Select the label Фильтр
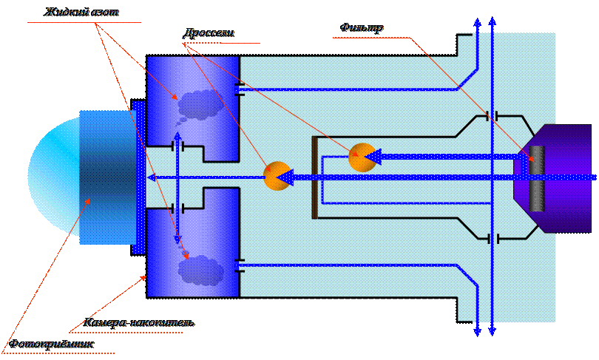coord(362,28)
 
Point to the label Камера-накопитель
coord(140,323)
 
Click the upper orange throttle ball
coord(362,157)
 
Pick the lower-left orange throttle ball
coord(277,176)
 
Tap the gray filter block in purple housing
coord(537,178)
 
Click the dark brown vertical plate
coord(315,177)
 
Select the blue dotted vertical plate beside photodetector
coord(138,177)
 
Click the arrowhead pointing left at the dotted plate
coord(151,177)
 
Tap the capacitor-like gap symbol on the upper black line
coord(492,116)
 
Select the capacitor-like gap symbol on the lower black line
coord(492,238)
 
